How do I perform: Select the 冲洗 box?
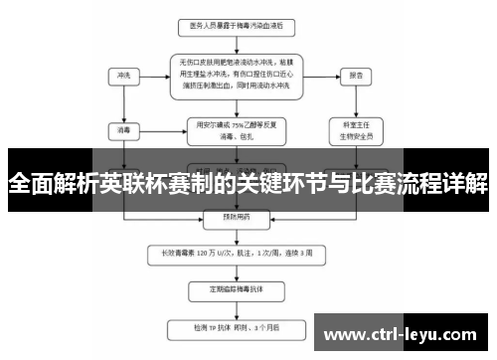coord(124,75)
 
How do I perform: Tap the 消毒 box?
coord(124,128)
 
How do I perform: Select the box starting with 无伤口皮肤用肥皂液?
coord(235,74)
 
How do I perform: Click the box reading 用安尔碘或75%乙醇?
coord(235,129)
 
